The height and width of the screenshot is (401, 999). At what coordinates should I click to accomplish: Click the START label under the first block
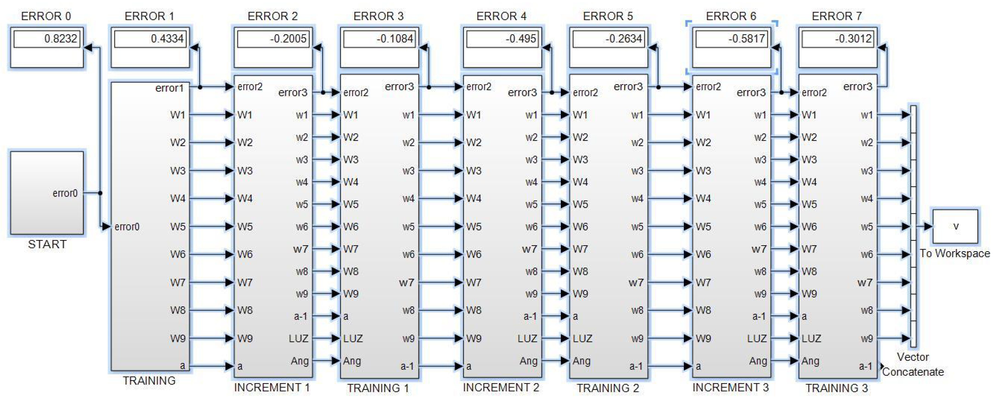tap(47, 244)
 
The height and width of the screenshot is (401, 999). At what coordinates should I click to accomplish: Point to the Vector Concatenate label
tap(913, 364)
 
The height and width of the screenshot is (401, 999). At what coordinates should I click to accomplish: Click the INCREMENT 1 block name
tap(272, 387)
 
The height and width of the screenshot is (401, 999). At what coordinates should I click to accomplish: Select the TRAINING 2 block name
tap(608, 388)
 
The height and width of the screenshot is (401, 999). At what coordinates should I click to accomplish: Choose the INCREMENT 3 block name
tap(730, 387)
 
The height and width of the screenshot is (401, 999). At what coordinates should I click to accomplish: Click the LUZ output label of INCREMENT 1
tap(298, 339)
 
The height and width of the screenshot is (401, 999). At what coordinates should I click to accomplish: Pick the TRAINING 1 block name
tap(378, 388)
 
